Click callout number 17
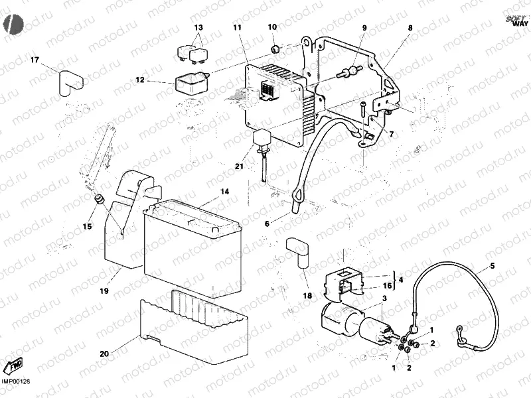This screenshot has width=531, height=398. [x=35, y=61]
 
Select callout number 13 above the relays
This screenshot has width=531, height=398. [x=198, y=28]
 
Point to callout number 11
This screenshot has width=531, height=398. [x=237, y=27]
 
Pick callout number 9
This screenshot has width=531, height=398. [x=364, y=28]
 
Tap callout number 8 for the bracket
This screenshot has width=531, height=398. [x=410, y=28]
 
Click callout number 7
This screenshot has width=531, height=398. [x=391, y=134]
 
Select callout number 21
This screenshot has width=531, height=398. [x=239, y=166]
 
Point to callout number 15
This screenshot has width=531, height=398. [x=87, y=227]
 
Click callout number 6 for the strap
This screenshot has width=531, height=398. [x=267, y=224]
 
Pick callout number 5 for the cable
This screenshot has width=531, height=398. [x=493, y=267]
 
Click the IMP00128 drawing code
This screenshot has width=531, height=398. [x=16, y=381]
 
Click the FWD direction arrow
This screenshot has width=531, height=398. [x=13, y=365]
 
